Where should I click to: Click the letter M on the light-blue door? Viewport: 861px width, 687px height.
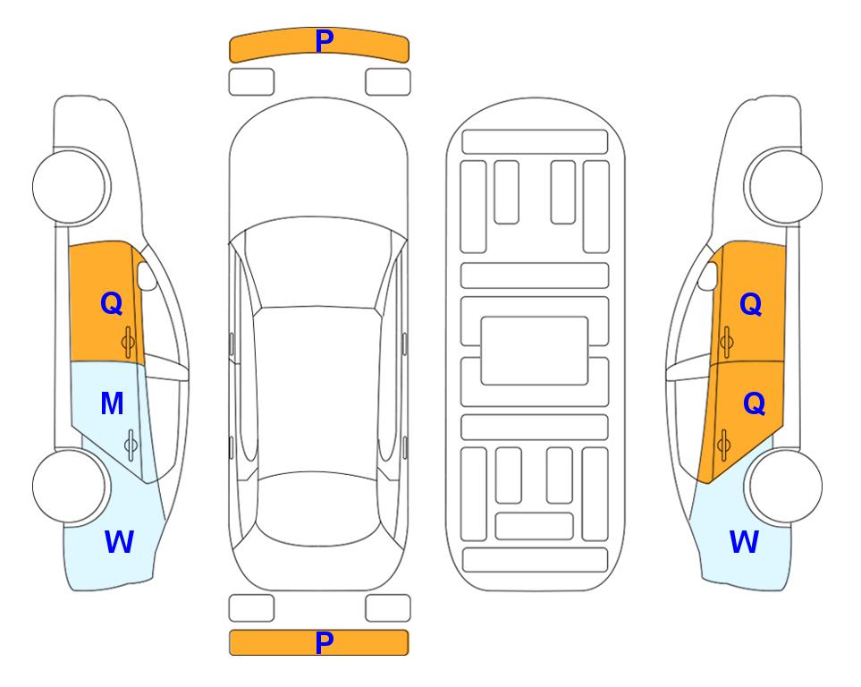112,403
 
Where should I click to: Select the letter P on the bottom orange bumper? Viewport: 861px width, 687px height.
325,642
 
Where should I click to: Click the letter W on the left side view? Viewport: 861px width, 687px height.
119,542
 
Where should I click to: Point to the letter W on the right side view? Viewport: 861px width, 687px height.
744,542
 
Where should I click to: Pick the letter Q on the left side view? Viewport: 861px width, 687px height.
112,303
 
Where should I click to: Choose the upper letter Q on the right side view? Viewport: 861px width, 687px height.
751,304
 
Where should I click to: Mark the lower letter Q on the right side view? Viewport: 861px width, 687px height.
754,404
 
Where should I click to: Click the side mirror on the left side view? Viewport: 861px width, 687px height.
147,276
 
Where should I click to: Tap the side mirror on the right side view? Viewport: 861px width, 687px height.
708,276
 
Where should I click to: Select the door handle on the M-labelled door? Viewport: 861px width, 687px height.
131,445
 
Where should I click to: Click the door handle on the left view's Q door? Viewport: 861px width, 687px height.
128,342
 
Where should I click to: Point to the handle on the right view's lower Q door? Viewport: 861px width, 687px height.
723,445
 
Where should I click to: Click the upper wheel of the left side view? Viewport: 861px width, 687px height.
71,187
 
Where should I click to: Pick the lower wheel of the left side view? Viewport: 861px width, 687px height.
71,486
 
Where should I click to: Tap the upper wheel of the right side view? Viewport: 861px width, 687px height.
783,187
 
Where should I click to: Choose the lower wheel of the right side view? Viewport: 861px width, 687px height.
783,486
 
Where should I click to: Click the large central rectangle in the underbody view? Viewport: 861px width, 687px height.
535,351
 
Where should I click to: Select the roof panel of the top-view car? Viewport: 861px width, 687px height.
317,393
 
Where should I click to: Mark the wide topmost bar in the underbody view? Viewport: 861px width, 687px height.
535,142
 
